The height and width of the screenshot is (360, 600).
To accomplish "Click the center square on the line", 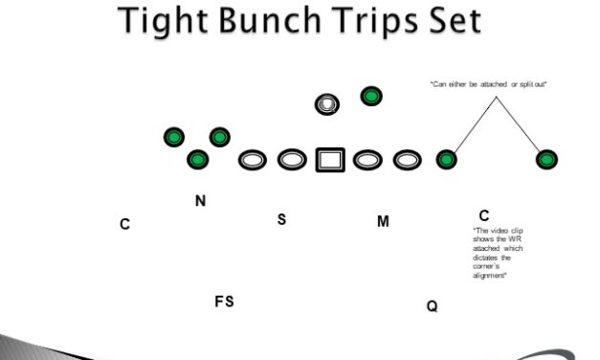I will click(x=330, y=159).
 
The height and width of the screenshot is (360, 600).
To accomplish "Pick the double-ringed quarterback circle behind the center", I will click(x=328, y=103).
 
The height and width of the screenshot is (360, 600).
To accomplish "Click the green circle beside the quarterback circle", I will click(x=371, y=96).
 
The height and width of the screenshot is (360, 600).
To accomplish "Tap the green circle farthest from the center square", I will click(x=548, y=159).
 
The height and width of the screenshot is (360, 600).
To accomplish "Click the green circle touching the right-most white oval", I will click(x=447, y=159).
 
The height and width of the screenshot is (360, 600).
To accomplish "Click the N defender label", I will click(x=200, y=201).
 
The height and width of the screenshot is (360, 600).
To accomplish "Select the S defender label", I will click(x=281, y=219).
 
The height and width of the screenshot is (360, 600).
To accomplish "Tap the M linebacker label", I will click(x=383, y=222).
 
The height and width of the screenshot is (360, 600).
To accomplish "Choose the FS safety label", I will click(x=224, y=302).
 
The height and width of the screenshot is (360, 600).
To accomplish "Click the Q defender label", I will click(x=433, y=306).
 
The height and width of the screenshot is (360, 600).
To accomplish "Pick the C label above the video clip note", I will click(x=484, y=215).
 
